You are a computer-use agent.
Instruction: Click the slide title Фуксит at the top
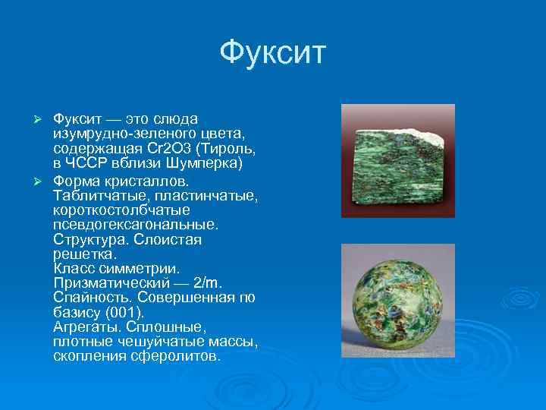pyautogui.click(x=272, y=53)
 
